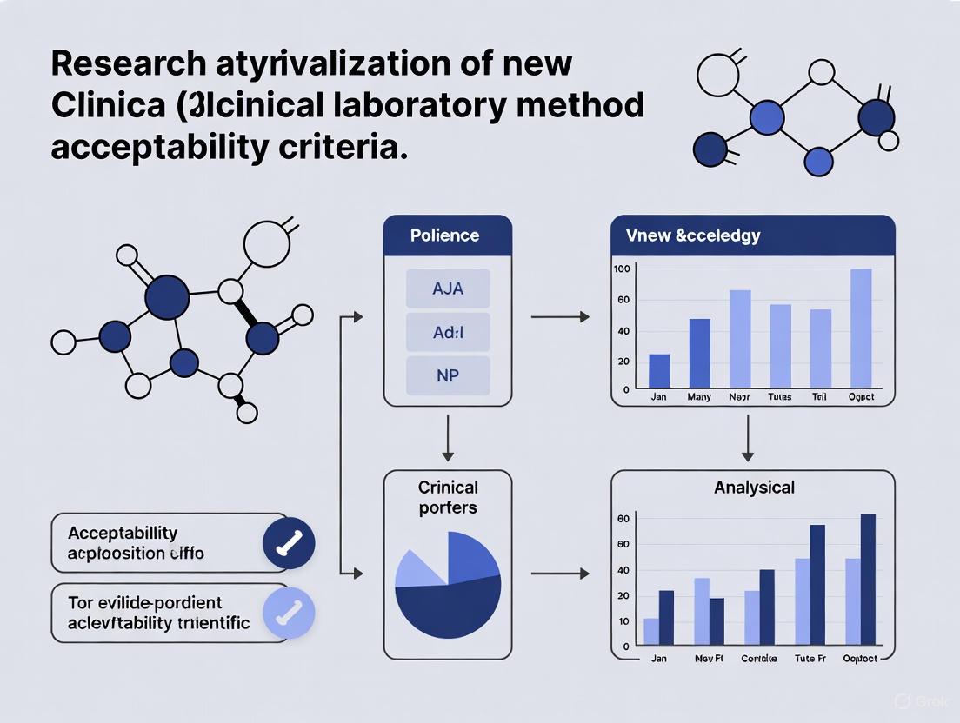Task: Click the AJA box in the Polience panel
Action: coord(448,289)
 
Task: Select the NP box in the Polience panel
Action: coord(448,376)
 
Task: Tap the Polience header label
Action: coord(443,235)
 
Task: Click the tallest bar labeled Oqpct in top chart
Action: coord(861,328)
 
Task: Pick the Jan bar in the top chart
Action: coord(660,371)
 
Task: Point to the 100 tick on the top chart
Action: coord(621,269)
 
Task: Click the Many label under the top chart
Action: coord(699,397)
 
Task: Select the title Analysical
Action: coord(754,488)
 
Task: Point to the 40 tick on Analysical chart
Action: coord(623,571)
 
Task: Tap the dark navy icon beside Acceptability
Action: coord(289,543)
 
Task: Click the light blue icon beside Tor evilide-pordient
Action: coord(289,613)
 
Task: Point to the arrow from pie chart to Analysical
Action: coord(559,574)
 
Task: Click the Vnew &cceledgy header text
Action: coord(692,235)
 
